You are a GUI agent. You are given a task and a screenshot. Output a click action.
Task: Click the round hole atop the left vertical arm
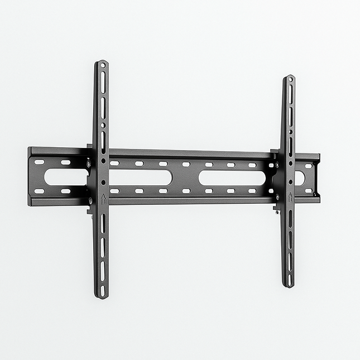(103, 66)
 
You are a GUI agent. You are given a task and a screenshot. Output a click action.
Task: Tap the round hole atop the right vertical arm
(289, 80)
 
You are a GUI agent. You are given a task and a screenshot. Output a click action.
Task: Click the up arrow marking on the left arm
(103, 198)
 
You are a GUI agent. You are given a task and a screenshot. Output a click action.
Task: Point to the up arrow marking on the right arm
(290, 196)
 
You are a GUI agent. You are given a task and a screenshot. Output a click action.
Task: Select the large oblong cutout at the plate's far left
(65, 177)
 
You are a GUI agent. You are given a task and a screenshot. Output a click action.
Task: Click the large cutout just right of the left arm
(140, 177)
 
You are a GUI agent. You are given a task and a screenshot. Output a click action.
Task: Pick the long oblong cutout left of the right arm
(232, 178)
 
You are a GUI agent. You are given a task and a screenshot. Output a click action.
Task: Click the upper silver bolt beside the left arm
(89, 164)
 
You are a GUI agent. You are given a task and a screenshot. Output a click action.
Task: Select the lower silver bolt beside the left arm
(90, 200)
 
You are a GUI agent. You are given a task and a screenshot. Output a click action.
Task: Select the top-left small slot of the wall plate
(39, 162)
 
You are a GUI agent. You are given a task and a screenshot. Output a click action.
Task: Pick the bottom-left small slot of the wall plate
(39, 191)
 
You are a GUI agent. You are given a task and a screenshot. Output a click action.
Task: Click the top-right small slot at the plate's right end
(308, 166)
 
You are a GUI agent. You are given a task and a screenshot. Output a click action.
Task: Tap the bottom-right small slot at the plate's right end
(308, 191)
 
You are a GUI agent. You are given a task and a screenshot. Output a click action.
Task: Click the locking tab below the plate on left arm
(89, 210)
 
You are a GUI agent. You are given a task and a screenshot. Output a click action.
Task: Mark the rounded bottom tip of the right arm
(288, 285)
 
